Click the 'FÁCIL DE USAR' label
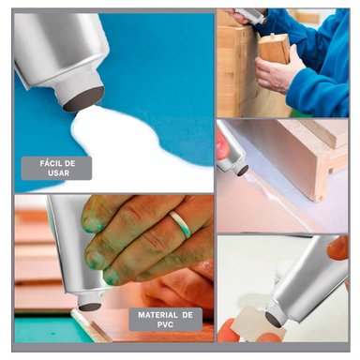tap(56, 168)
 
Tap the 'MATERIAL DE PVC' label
tap(165, 320)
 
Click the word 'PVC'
tap(165, 324)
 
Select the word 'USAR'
tap(58, 172)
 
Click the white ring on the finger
tap(181, 224)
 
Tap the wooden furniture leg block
tap(275, 49)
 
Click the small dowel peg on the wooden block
tap(272, 36)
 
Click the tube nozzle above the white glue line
tap(240, 167)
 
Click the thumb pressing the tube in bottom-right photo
tap(337, 247)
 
